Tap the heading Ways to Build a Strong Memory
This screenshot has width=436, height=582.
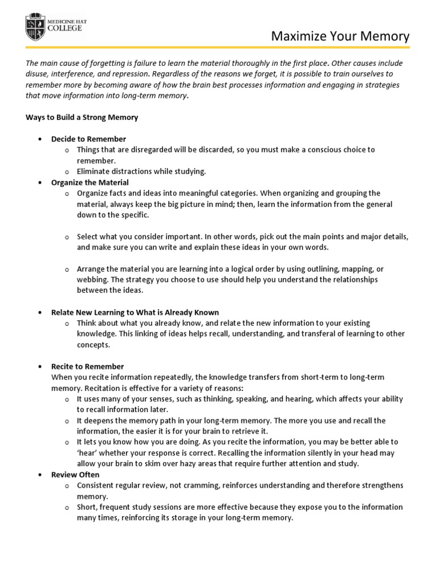[x=82, y=118]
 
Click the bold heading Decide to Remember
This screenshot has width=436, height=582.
[x=89, y=139]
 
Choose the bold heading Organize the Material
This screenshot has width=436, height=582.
[x=90, y=182]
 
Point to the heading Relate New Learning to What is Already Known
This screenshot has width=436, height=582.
[x=135, y=313]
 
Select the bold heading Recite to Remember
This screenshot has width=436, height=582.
[x=87, y=367]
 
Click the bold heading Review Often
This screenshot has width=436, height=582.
[x=75, y=475]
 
